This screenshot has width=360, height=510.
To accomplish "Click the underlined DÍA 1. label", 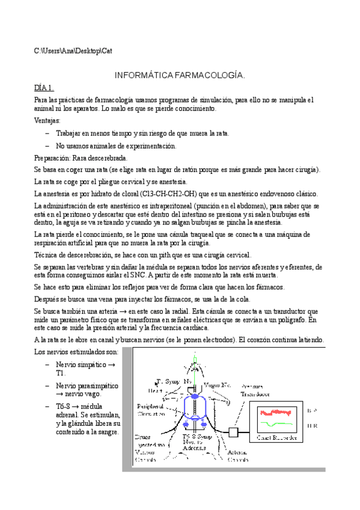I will tap(44, 87).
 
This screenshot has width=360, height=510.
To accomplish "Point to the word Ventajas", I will tap(47, 120).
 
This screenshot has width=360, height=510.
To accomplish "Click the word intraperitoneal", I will tap(174, 206).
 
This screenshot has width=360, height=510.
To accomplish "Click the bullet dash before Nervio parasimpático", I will tap(47, 385).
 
